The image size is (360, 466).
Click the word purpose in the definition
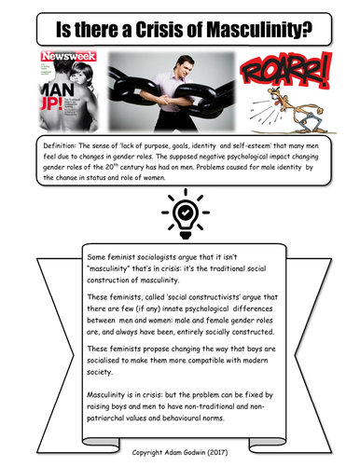[x=169, y=147]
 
